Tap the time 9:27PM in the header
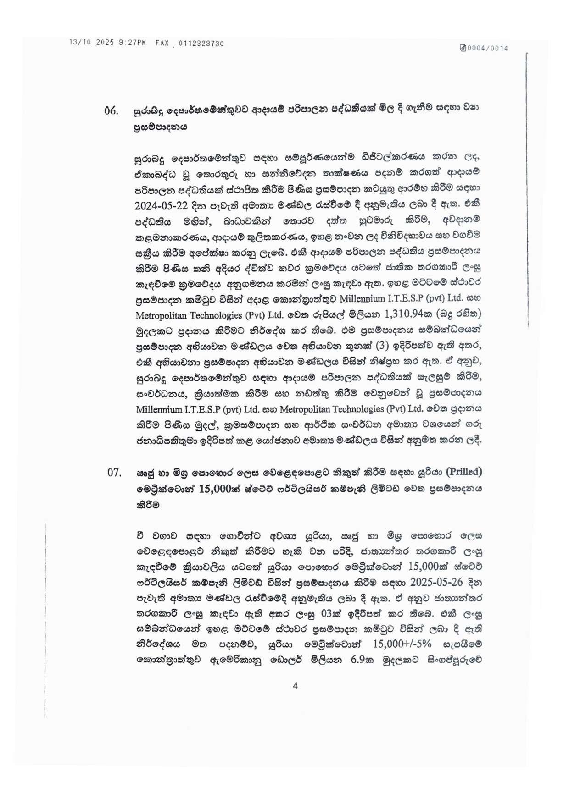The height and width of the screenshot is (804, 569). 132,43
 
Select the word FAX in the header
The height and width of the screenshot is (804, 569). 162,43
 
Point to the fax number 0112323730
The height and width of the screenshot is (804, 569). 201,44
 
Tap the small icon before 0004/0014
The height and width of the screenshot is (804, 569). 463,48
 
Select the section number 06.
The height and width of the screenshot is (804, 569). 111,110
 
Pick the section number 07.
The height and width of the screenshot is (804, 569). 114,472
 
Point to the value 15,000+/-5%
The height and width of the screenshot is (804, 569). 402,644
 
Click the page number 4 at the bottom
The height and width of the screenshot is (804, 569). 295,686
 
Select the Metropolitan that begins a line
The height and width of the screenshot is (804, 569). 162,315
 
